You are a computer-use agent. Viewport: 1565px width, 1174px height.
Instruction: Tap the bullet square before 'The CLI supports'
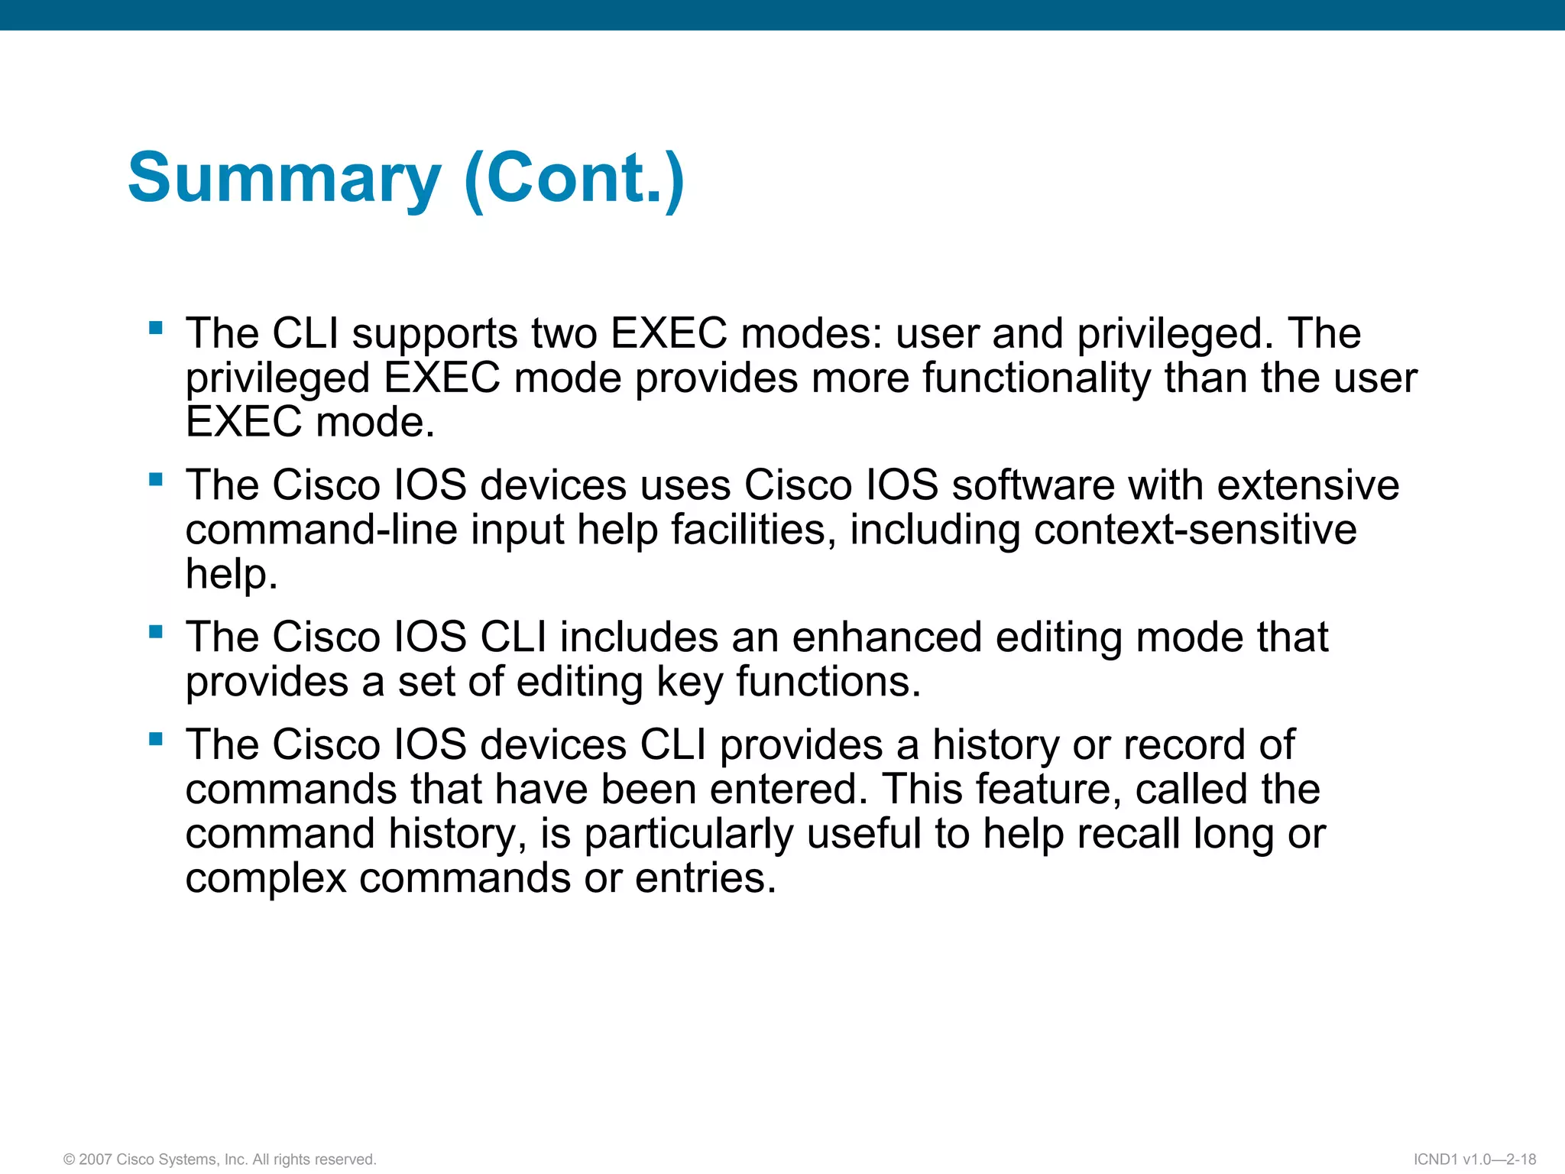point(156,329)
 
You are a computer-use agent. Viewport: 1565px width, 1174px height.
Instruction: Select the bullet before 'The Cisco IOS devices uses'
point(156,480)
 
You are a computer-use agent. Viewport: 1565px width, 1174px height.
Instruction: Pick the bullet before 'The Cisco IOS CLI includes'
point(156,632)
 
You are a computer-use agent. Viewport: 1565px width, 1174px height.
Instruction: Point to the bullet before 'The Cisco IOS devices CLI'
point(156,739)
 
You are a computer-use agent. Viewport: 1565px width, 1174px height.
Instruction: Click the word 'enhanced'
point(886,637)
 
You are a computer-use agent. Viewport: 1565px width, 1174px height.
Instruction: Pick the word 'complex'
point(266,878)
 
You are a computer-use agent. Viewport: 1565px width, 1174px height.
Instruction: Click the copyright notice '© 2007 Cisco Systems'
point(220,1159)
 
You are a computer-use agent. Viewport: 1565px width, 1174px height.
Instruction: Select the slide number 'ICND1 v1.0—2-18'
point(1474,1159)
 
